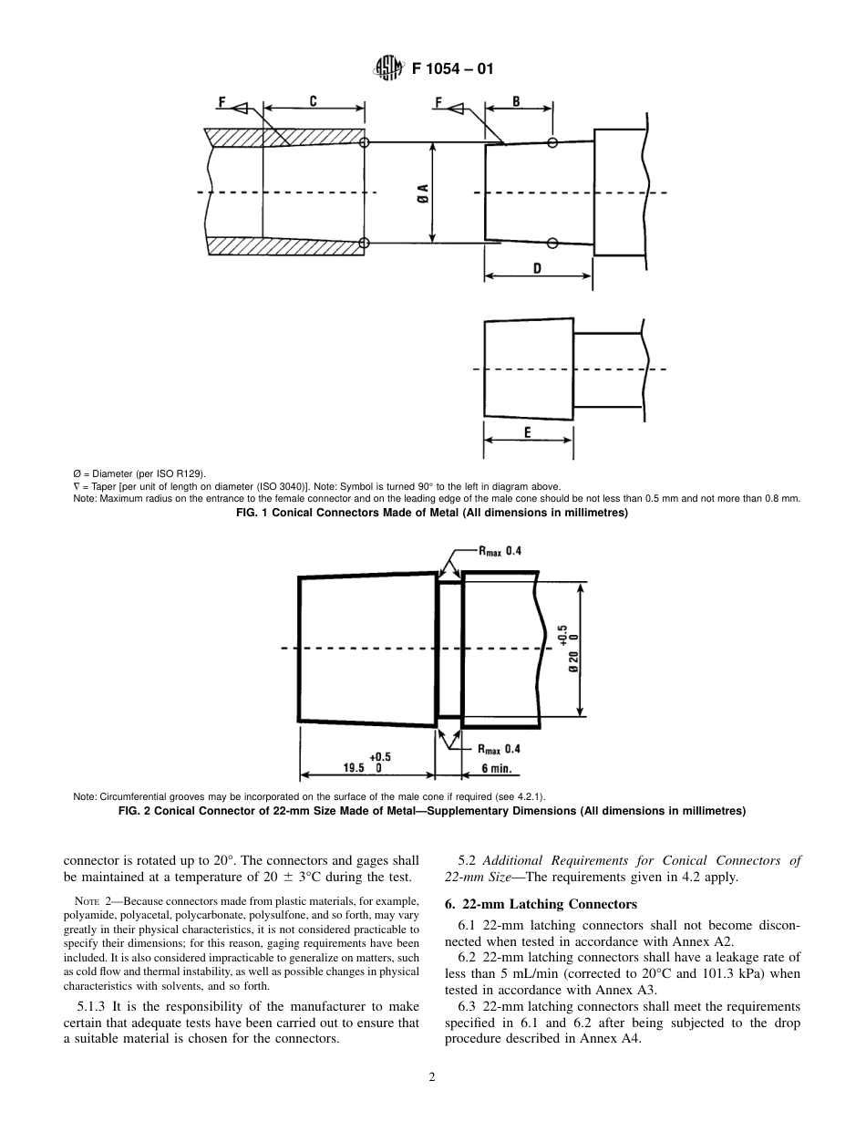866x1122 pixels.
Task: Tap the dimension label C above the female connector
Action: (313, 103)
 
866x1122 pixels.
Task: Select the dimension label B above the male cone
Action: (516, 103)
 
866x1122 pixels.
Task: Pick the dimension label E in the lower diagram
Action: (528, 432)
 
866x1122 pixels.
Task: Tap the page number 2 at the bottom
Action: (433, 1077)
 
